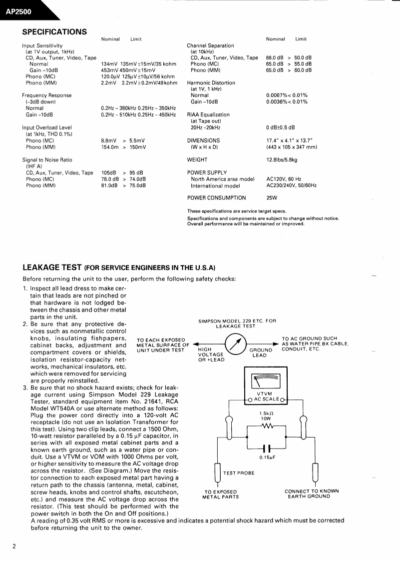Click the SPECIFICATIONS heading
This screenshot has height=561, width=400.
click(54, 32)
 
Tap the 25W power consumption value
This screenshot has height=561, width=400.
click(272, 198)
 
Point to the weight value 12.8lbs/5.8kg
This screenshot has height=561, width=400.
click(282, 160)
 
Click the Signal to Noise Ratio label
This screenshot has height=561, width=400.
click(47, 160)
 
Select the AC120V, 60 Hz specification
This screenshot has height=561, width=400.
click(284, 179)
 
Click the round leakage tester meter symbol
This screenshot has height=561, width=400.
click(236, 343)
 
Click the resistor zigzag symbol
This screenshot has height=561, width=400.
click(266, 426)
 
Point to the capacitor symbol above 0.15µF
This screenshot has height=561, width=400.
click(266, 448)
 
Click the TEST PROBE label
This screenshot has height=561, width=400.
click(239, 473)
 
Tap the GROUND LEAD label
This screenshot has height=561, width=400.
click(261, 353)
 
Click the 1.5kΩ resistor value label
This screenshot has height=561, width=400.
click(266, 413)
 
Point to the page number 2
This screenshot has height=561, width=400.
click(14, 546)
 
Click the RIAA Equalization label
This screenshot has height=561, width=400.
click(208, 114)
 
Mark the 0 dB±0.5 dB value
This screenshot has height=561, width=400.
click(280, 127)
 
